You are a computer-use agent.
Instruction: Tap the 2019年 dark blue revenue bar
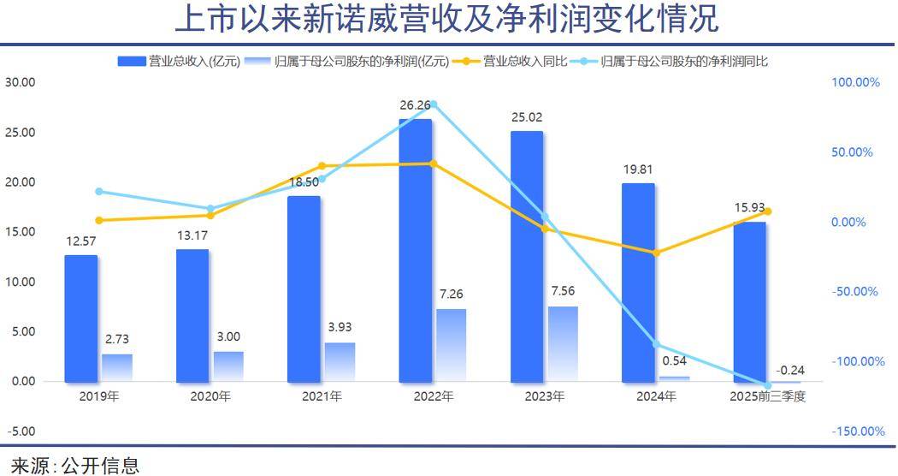(x=81, y=318)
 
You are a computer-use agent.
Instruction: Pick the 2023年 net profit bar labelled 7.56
(x=563, y=343)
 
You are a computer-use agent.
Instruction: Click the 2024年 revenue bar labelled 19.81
(x=638, y=282)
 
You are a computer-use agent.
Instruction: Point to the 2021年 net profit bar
(x=340, y=361)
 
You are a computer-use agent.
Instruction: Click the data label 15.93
(x=750, y=207)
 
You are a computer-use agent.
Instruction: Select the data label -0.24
(x=789, y=370)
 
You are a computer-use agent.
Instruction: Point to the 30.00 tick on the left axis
(x=20, y=82)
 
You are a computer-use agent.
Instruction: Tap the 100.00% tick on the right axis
(x=855, y=82)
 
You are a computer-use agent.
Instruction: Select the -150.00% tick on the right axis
(x=859, y=431)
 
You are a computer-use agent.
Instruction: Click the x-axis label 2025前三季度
(x=768, y=396)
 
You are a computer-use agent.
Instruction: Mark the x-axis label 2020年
(x=210, y=396)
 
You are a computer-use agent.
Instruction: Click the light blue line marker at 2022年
(x=433, y=104)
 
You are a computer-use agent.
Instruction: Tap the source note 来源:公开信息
(x=75, y=465)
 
